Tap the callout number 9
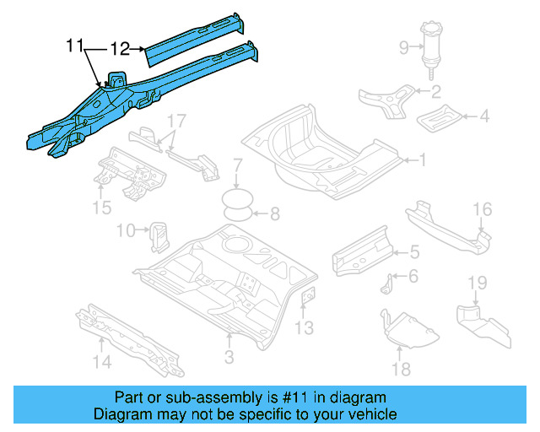tap(404, 46)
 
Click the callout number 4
tap(484, 116)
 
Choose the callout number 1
tap(424, 158)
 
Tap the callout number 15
tap(101, 207)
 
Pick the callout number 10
tap(126, 229)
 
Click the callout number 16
tap(482, 209)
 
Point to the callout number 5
tap(414, 251)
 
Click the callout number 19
tap(478, 283)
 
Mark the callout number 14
tap(101, 364)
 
